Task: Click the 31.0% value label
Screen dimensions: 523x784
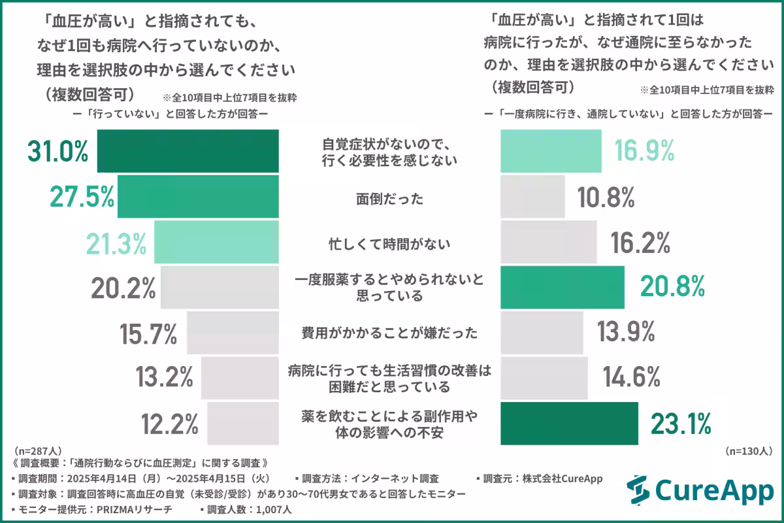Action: pyautogui.click(x=57, y=152)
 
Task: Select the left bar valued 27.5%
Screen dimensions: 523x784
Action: pyautogui.click(x=198, y=197)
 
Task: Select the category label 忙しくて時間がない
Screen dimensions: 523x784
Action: pyautogui.click(x=390, y=243)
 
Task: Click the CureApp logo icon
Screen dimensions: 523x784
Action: pyautogui.click(x=638, y=491)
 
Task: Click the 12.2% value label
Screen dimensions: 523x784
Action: pyautogui.click(x=169, y=424)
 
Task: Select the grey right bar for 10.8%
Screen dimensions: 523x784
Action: pyautogui.click(x=532, y=197)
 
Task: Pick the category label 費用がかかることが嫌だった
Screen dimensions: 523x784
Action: pyautogui.click(x=389, y=333)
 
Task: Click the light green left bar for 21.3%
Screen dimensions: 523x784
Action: pyautogui.click(x=216, y=242)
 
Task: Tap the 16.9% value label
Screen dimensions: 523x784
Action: pyautogui.click(x=644, y=152)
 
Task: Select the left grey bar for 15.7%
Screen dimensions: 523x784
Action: pyautogui.click(x=233, y=333)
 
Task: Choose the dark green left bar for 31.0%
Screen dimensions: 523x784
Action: pyautogui.click(x=188, y=151)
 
